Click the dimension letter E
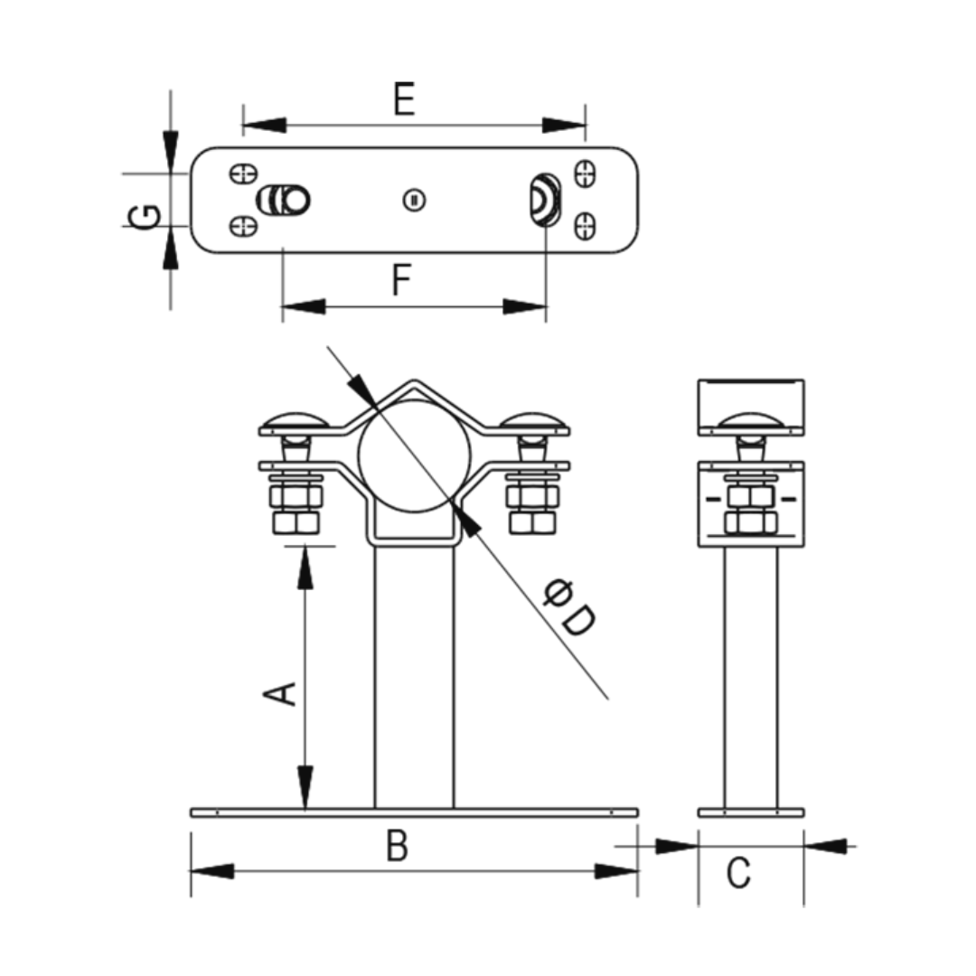coord(405,99)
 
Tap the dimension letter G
coord(144,216)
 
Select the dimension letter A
coord(280,693)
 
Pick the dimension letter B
coord(397,846)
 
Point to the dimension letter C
coord(739,872)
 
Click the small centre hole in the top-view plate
coord(414,201)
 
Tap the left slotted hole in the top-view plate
coord(285,201)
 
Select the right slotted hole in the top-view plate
coord(545,199)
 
